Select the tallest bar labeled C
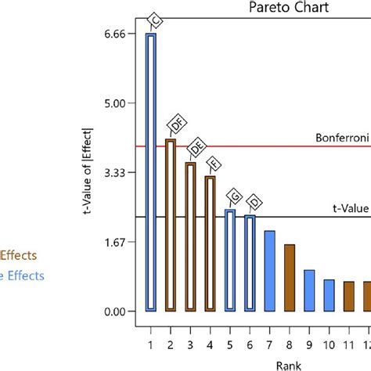150,172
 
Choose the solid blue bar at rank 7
269,260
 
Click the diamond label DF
179,124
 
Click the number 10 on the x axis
329,344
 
